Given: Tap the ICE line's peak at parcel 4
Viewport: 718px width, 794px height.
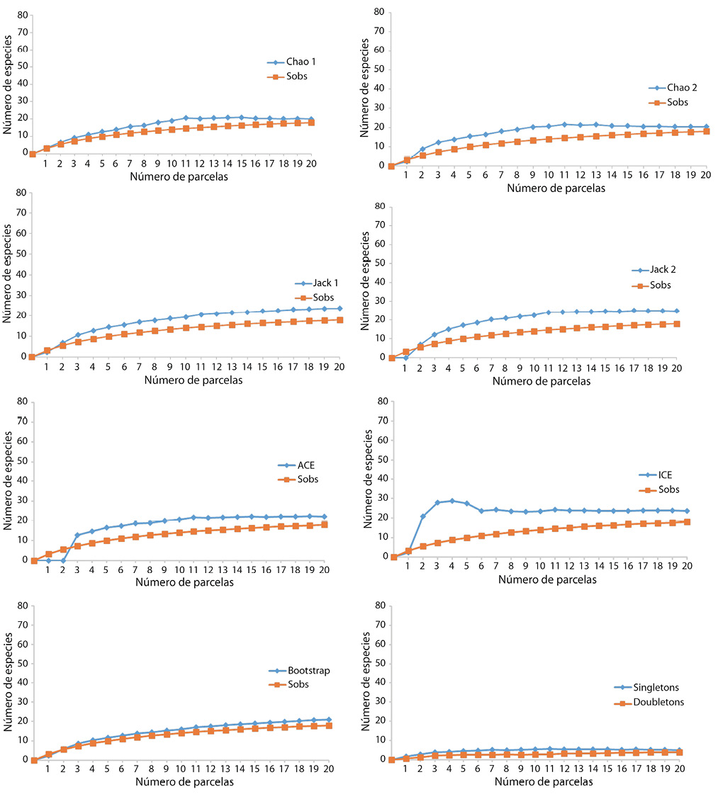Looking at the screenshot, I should point(452,501).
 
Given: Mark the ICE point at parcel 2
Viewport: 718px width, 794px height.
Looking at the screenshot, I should point(423,516).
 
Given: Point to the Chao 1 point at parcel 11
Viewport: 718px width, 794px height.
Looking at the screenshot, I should point(186,118).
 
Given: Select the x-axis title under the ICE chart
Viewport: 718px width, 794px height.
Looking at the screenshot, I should point(547,579).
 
